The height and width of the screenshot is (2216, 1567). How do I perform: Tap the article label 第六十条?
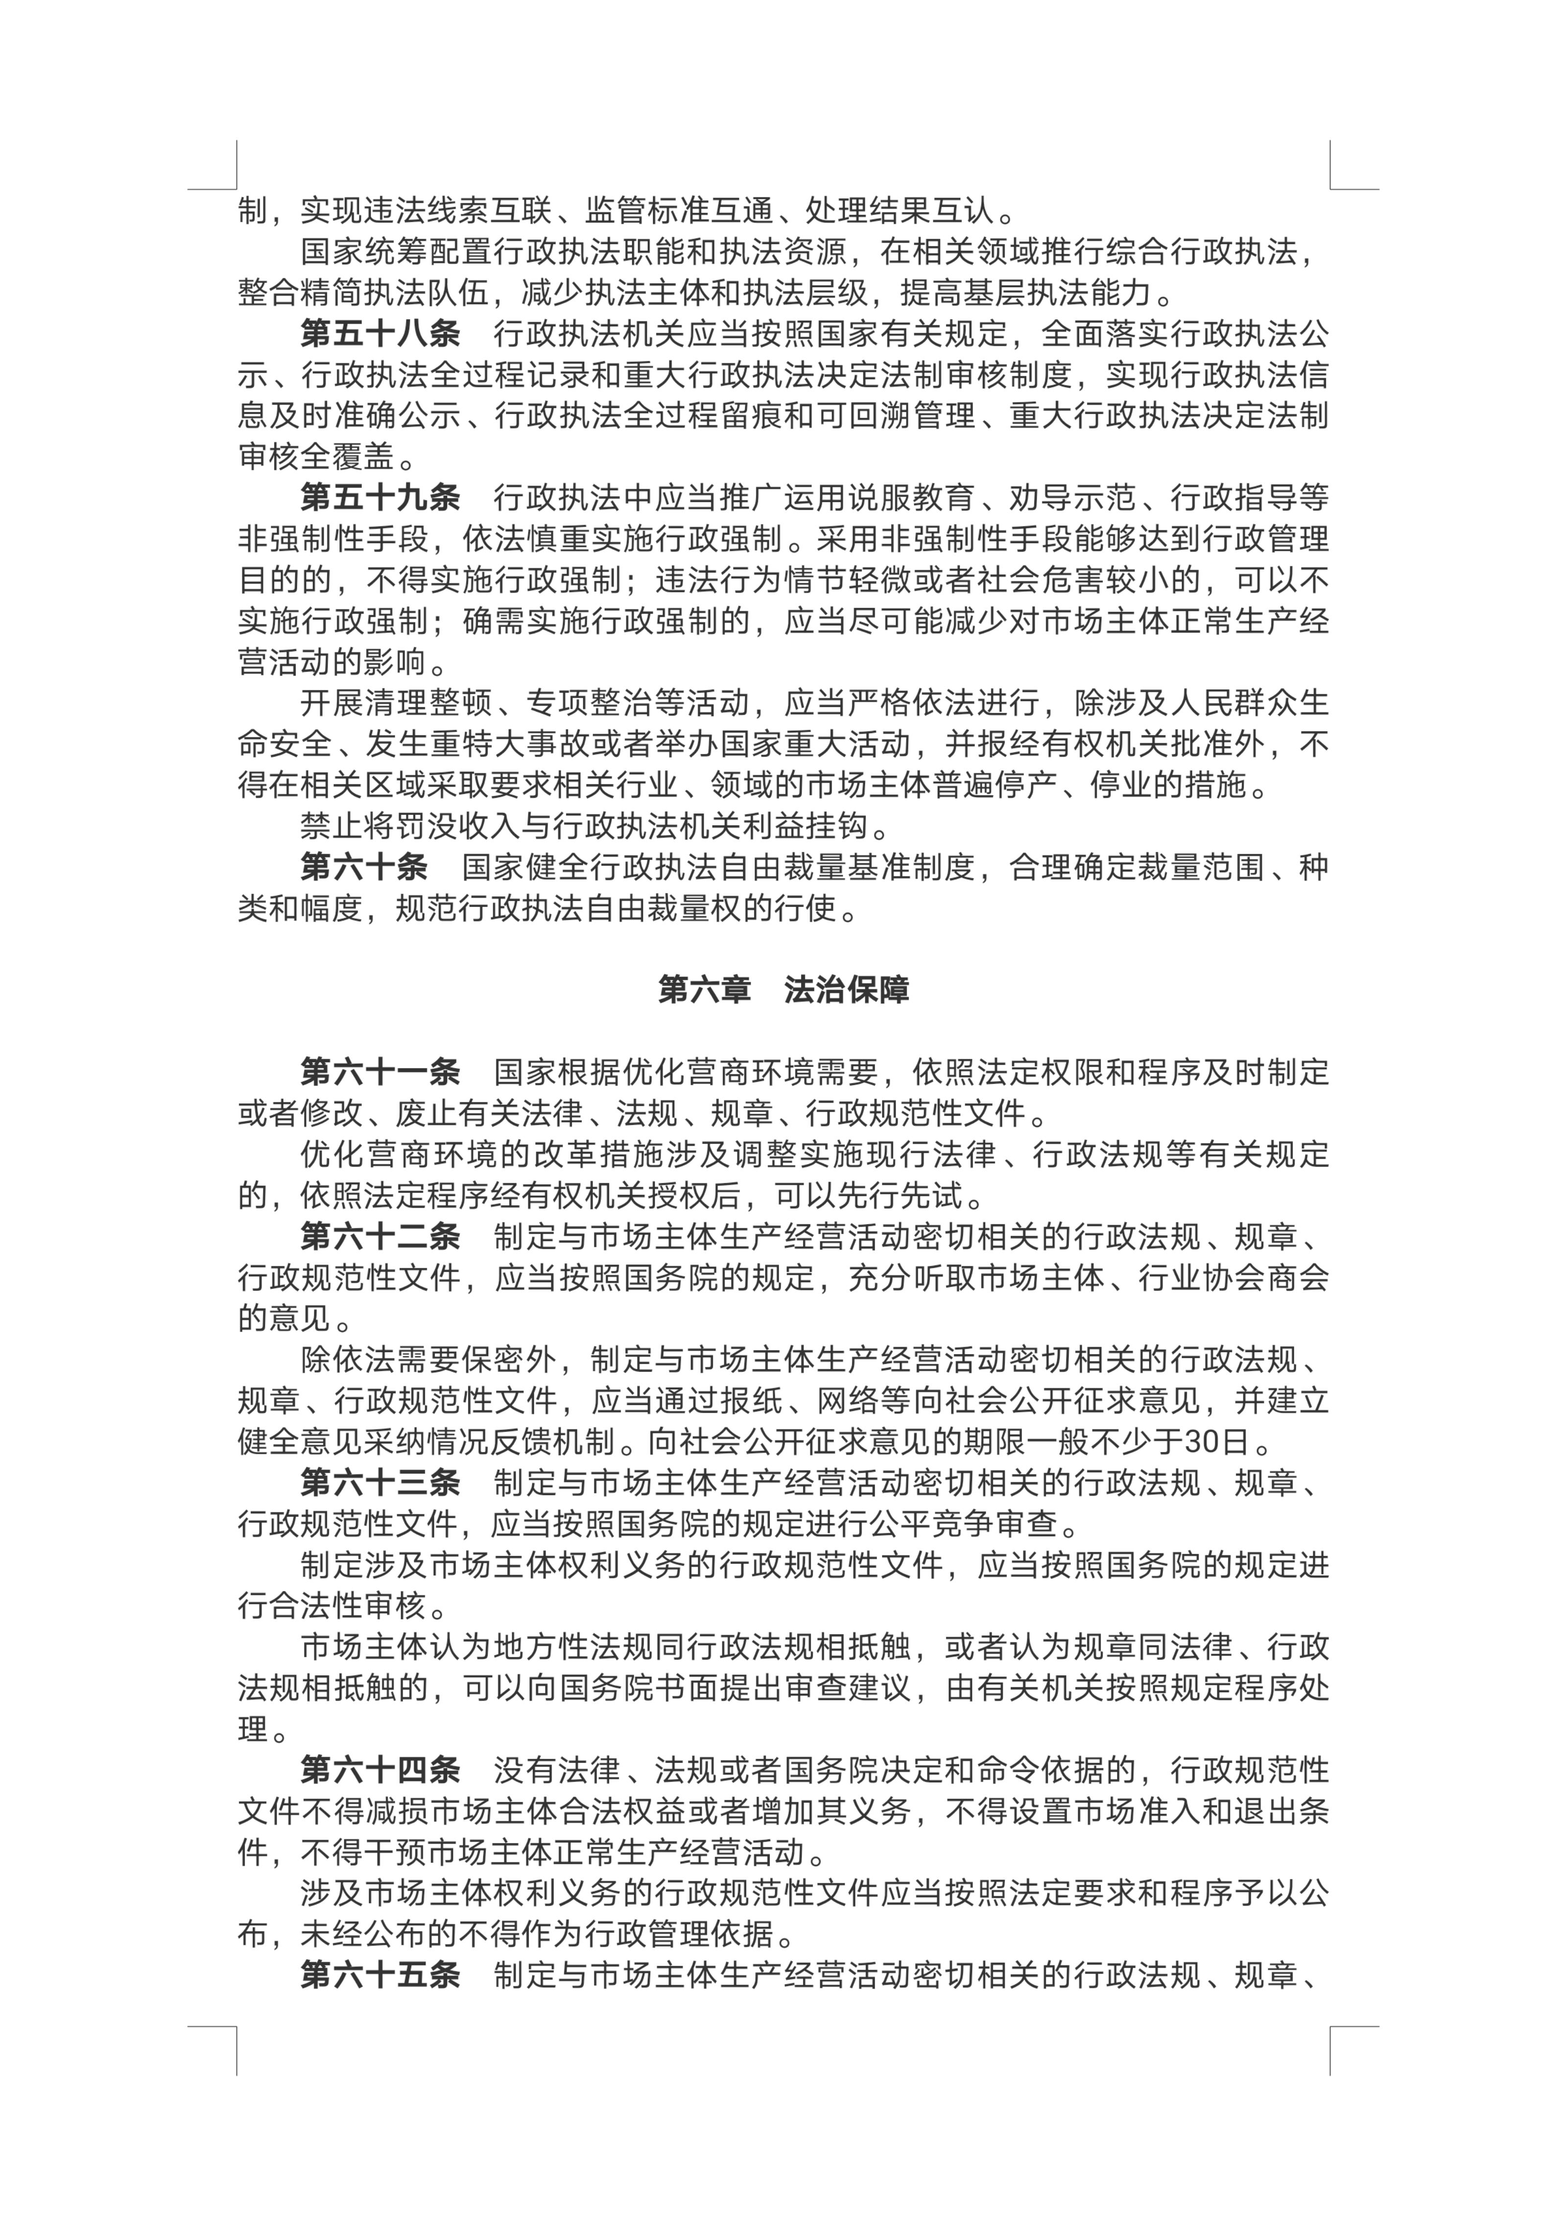click(364, 868)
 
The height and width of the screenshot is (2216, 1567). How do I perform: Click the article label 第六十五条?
click(379, 1976)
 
